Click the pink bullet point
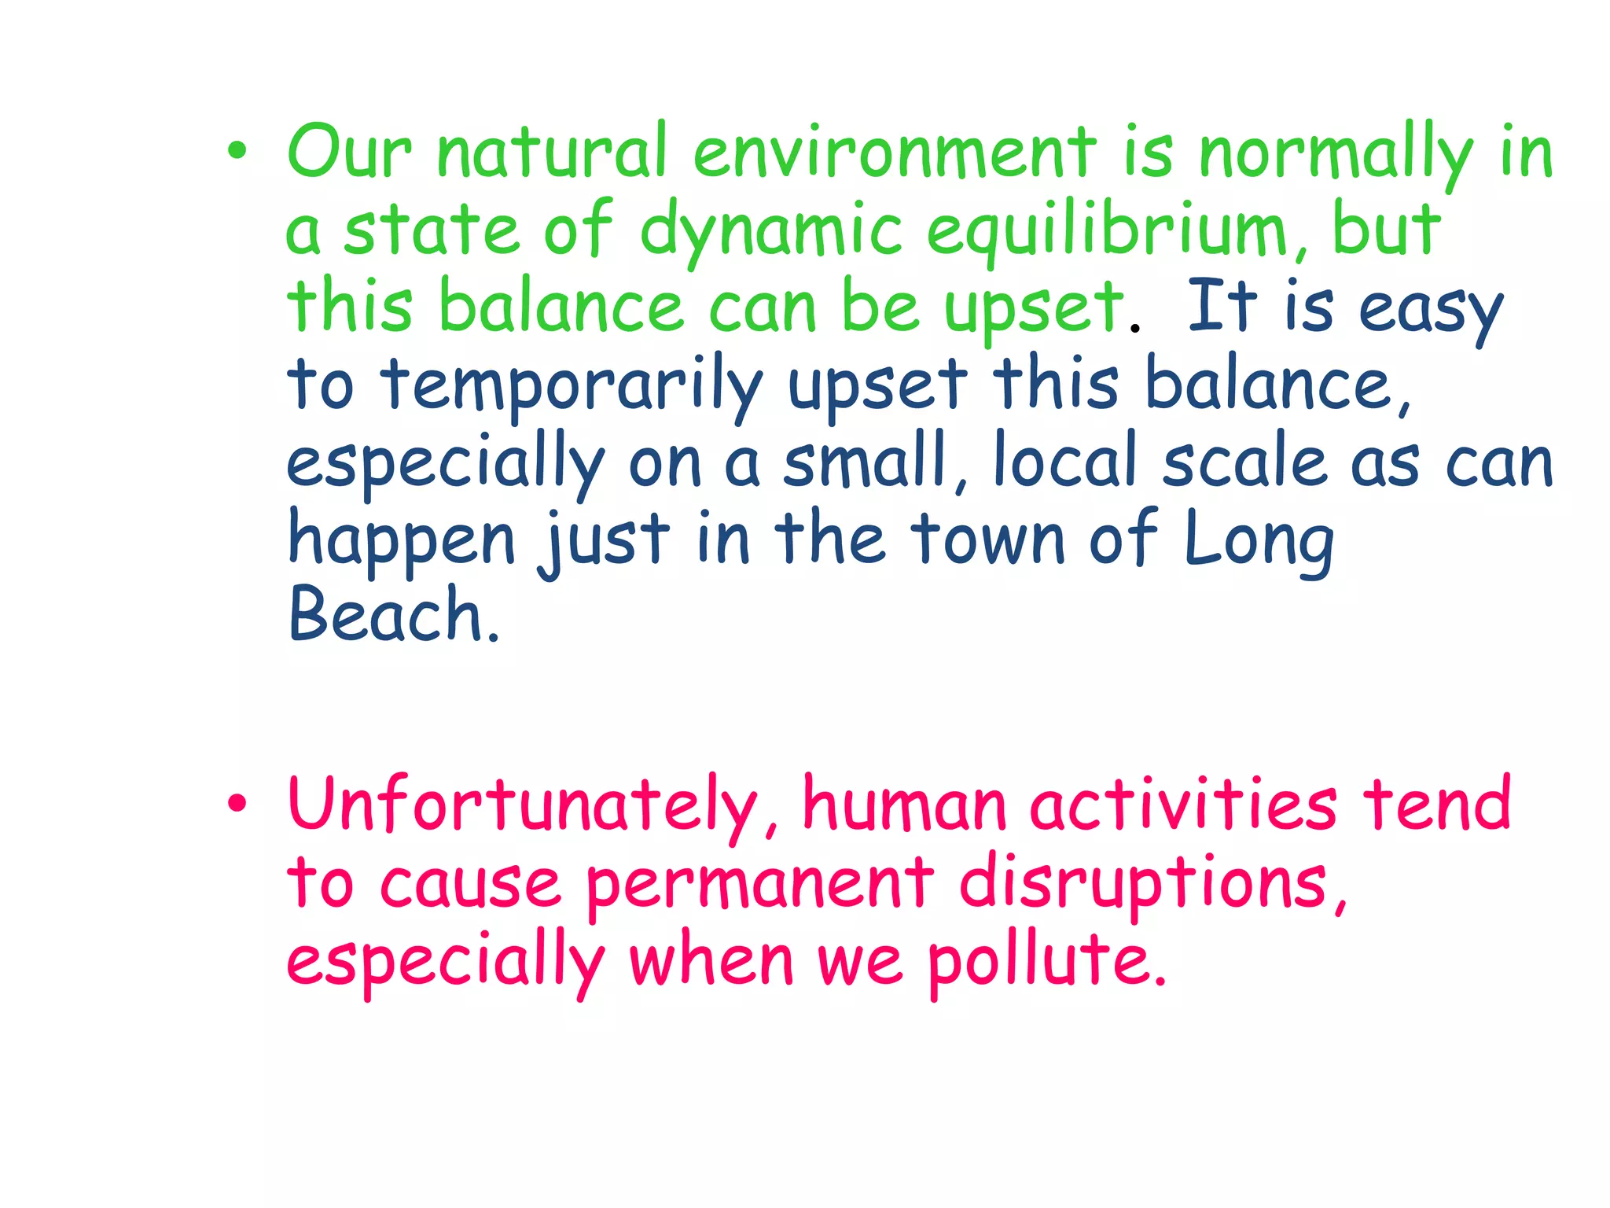click(x=237, y=804)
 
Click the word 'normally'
click(x=1336, y=154)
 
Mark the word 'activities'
click(x=1183, y=804)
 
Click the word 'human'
click(x=904, y=804)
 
